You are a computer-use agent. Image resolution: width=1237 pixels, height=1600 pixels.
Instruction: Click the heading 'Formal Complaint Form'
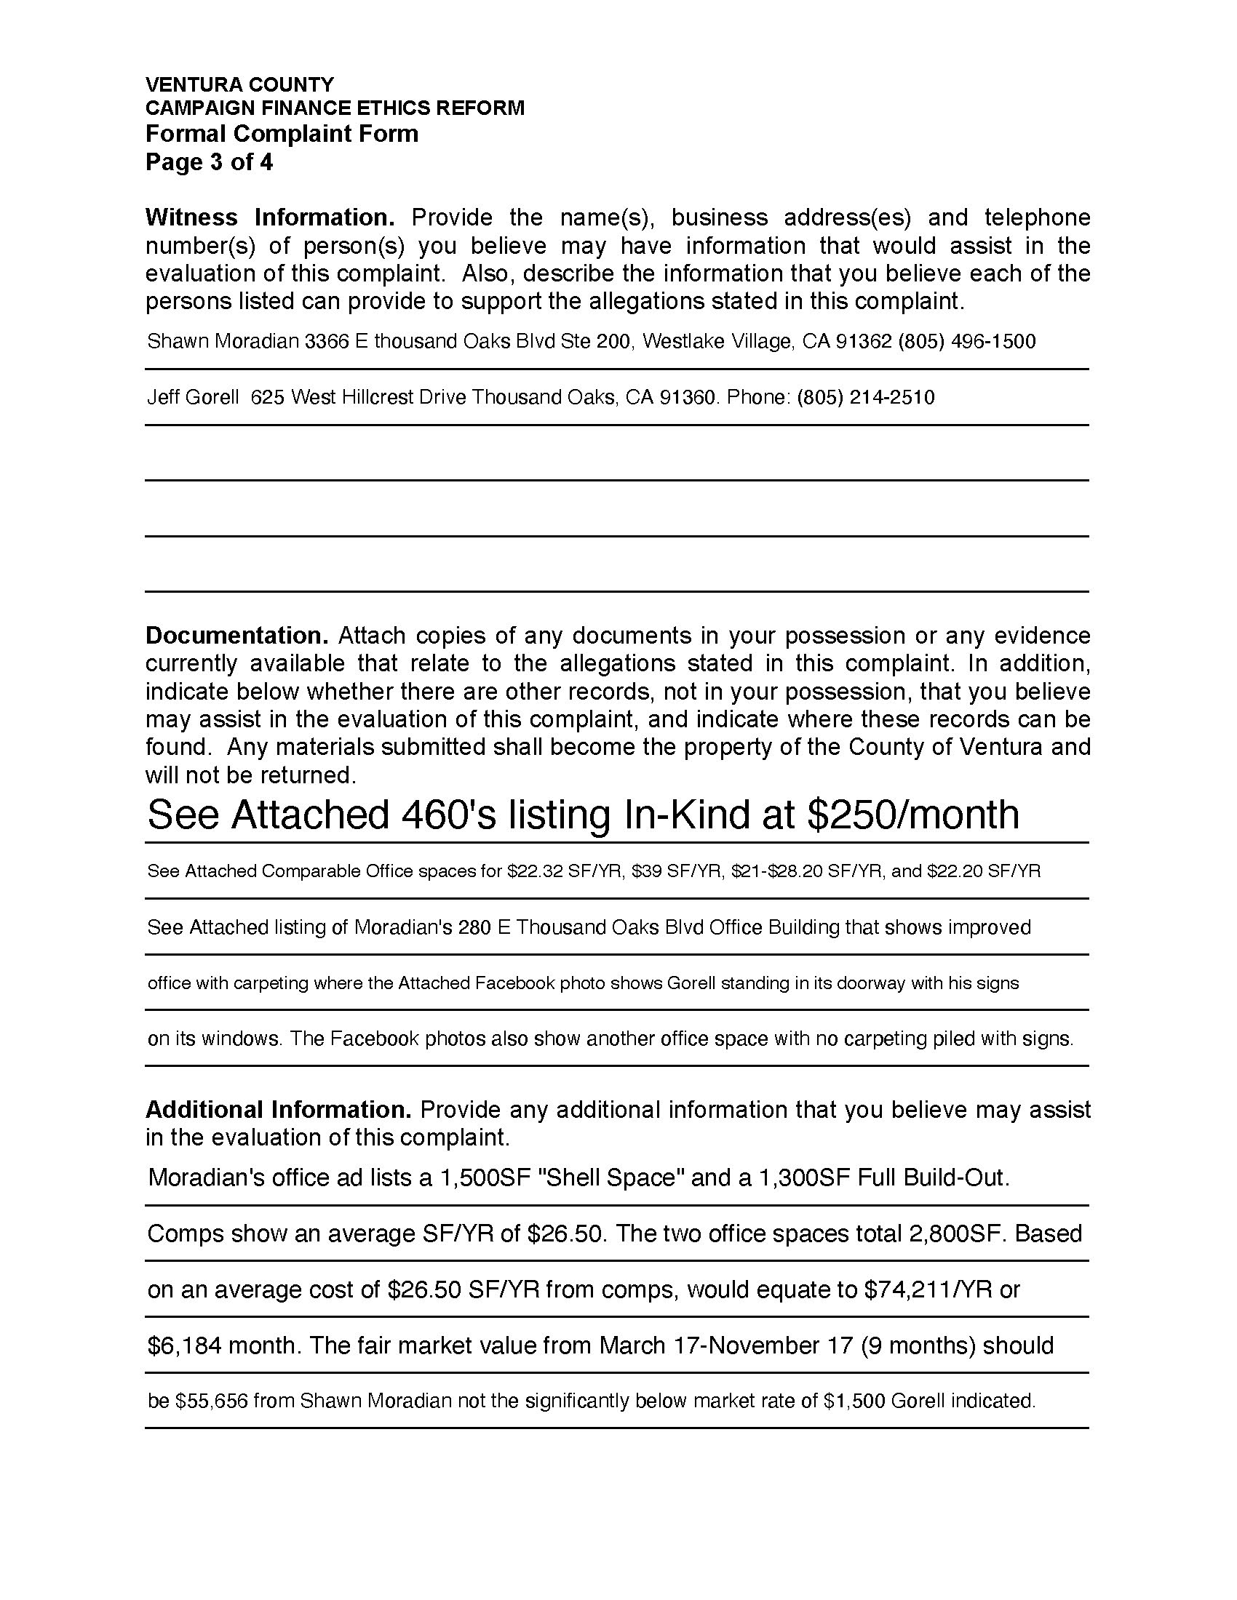click(x=282, y=134)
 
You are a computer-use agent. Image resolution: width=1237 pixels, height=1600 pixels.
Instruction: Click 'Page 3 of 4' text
click(x=209, y=162)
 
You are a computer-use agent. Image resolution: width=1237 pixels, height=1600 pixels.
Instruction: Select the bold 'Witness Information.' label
click(x=270, y=217)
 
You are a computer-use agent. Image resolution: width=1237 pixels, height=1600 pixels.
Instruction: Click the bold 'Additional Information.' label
click(x=279, y=1110)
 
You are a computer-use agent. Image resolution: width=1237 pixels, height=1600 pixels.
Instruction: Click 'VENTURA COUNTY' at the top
click(x=239, y=84)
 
